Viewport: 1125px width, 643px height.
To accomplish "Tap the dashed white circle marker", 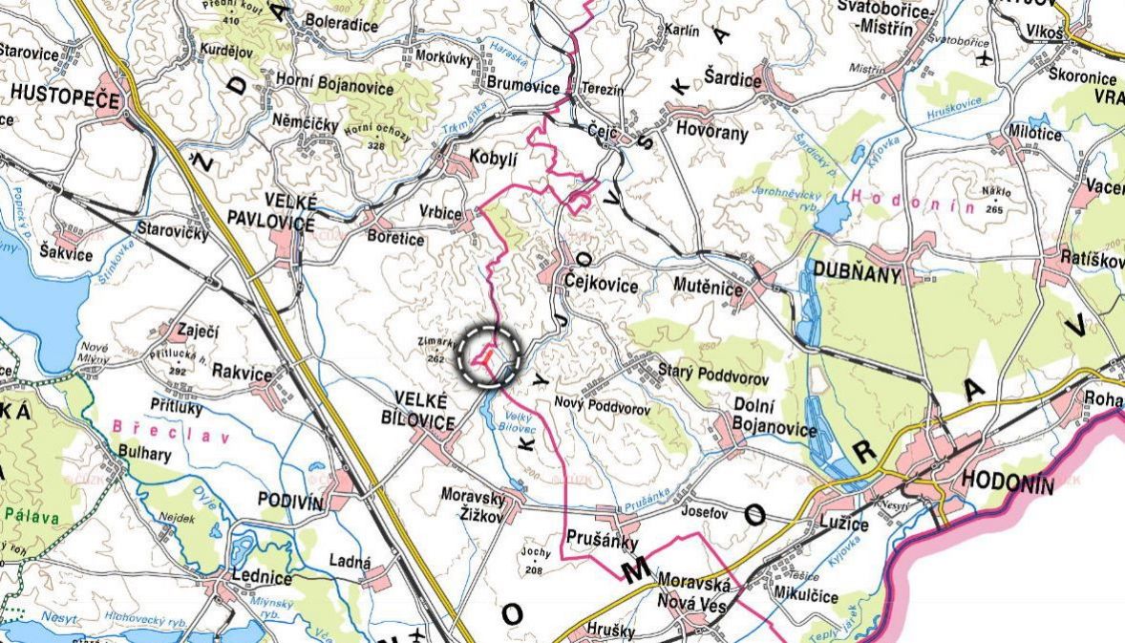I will [492, 354].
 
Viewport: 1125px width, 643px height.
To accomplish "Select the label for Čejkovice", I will [600, 283].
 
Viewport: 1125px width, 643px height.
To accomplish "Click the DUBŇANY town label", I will [857, 271].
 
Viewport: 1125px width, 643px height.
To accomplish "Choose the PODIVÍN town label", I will [291, 501].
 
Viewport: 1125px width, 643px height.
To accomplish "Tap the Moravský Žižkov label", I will [478, 504].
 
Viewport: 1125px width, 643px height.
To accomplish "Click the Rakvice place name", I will [243, 374].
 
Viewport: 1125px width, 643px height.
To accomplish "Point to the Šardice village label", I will [733, 80].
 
